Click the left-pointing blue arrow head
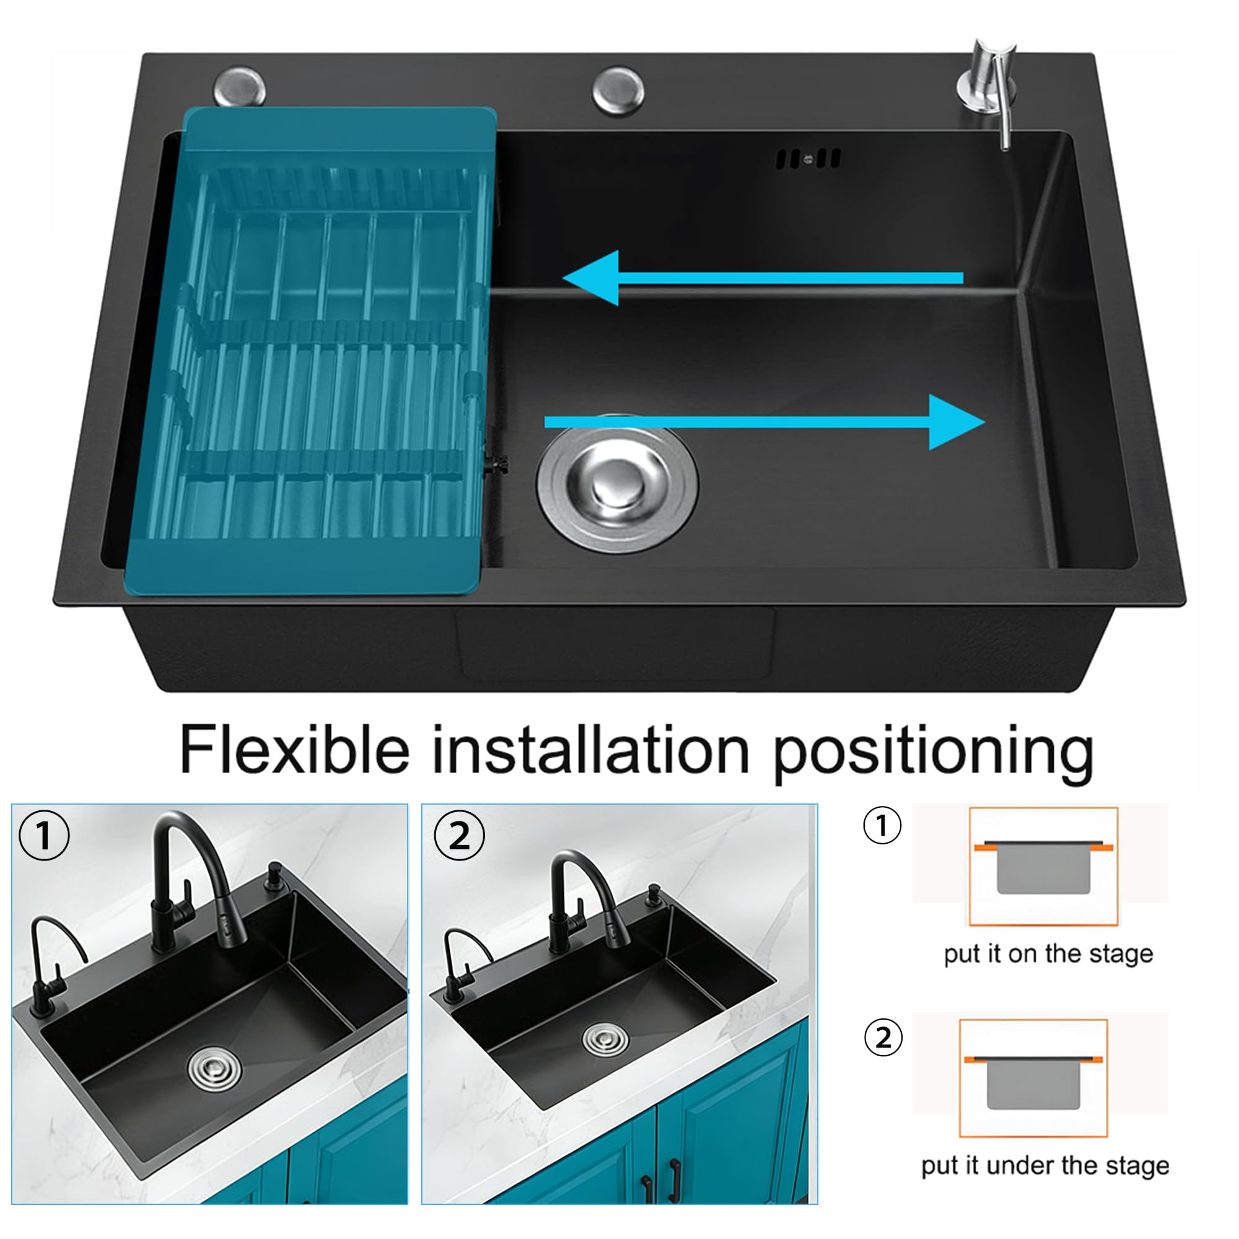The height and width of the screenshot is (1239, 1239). tap(591, 278)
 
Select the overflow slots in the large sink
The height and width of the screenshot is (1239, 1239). tap(808, 159)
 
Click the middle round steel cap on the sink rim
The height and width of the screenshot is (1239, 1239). tap(619, 90)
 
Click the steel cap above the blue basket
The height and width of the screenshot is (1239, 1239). tap(239, 87)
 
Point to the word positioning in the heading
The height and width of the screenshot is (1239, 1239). tap(933, 753)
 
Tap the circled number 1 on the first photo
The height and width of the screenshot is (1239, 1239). tap(43, 835)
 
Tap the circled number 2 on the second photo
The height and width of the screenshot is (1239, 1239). tap(459, 835)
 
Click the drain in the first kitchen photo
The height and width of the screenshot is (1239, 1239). tap(215, 1068)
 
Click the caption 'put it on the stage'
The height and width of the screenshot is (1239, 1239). tap(1049, 953)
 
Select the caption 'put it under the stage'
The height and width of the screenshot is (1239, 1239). tap(1044, 1165)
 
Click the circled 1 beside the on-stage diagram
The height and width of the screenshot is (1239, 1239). tap(882, 825)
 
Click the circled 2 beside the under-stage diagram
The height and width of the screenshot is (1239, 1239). tap(883, 1037)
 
